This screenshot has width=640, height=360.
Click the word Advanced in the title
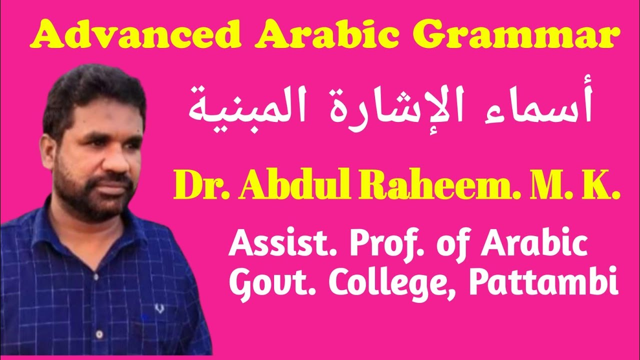pyautogui.click(x=119, y=35)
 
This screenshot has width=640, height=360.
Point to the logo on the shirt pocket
pyautogui.click(x=159, y=309)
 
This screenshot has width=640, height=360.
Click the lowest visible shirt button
pyautogui.click(x=99, y=333)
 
